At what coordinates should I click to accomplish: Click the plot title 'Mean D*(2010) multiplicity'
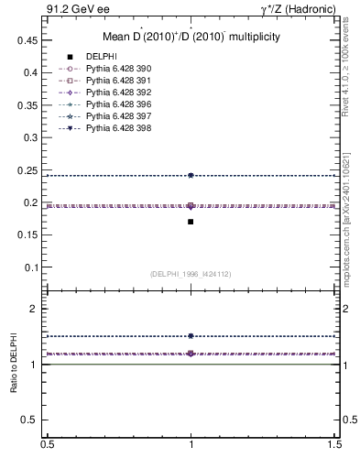[x=191, y=38]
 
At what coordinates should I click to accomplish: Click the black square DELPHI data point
[x=191, y=222]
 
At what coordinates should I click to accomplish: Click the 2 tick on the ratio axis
[x=37, y=310]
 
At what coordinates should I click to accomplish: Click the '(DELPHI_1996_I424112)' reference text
[x=191, y=274]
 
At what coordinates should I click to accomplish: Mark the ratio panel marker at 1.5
[x=191, y=336]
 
